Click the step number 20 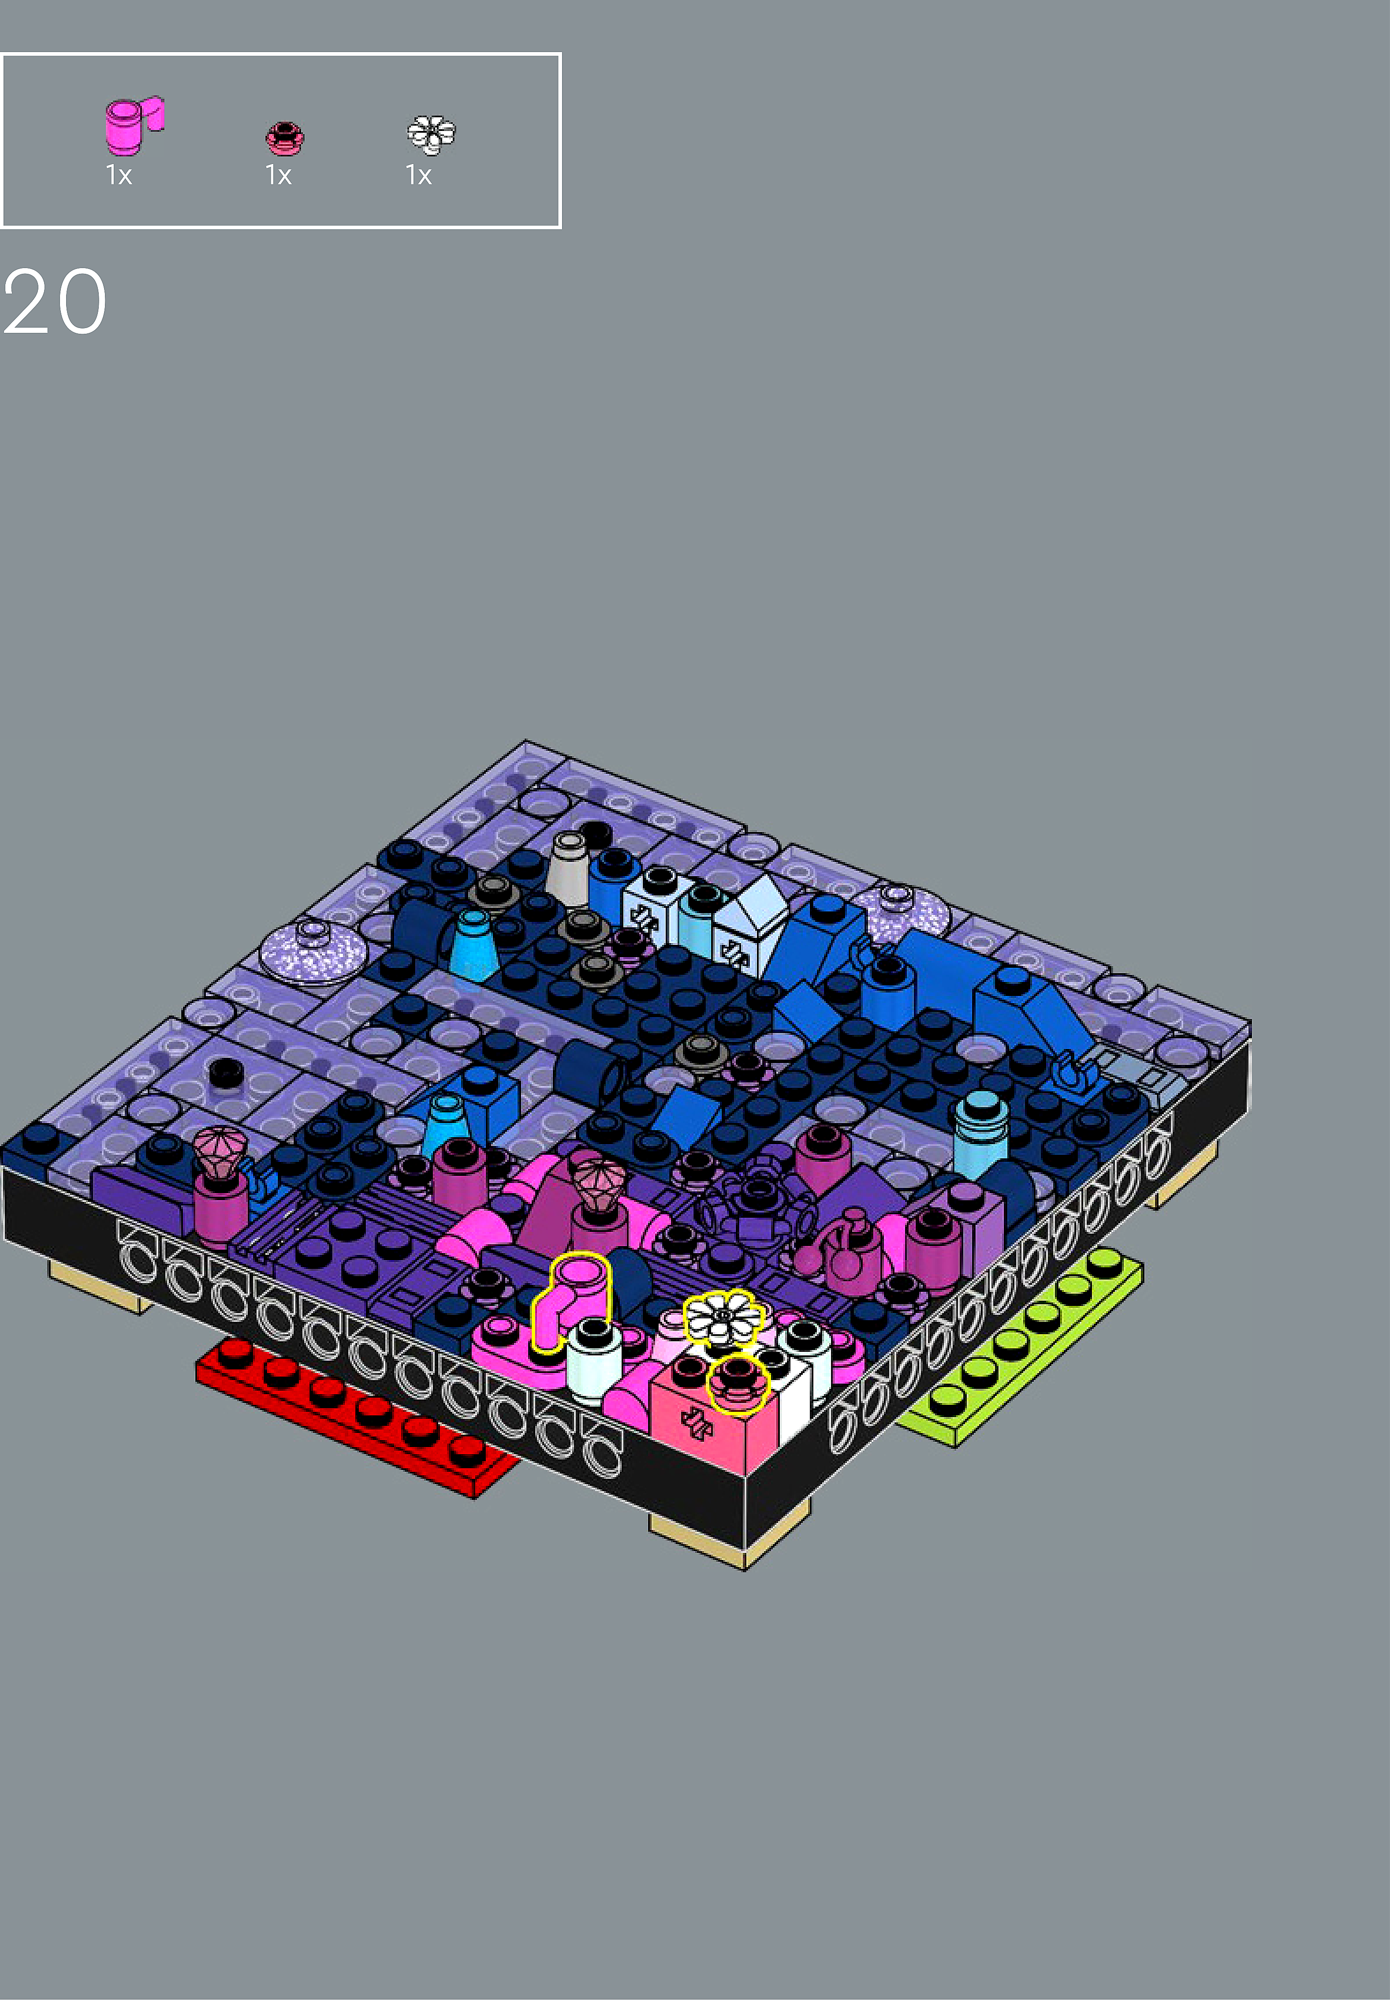[x=55, y=302]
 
